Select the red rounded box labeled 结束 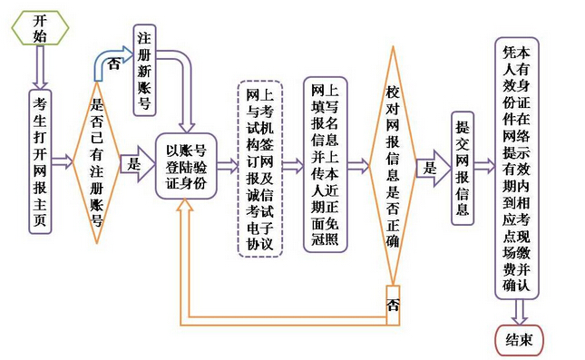[x=519, y=341]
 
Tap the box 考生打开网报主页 [x=40, y=161]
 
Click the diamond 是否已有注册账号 [x=96, y=163]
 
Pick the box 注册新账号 [x=143, y=70]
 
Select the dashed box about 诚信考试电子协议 [x=259, y=169]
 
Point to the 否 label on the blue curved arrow [x=112, y=64]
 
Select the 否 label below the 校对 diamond [x=392, y=303]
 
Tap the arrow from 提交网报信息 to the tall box [x=485, y=167]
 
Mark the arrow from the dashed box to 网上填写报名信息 [x=293, y=166]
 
